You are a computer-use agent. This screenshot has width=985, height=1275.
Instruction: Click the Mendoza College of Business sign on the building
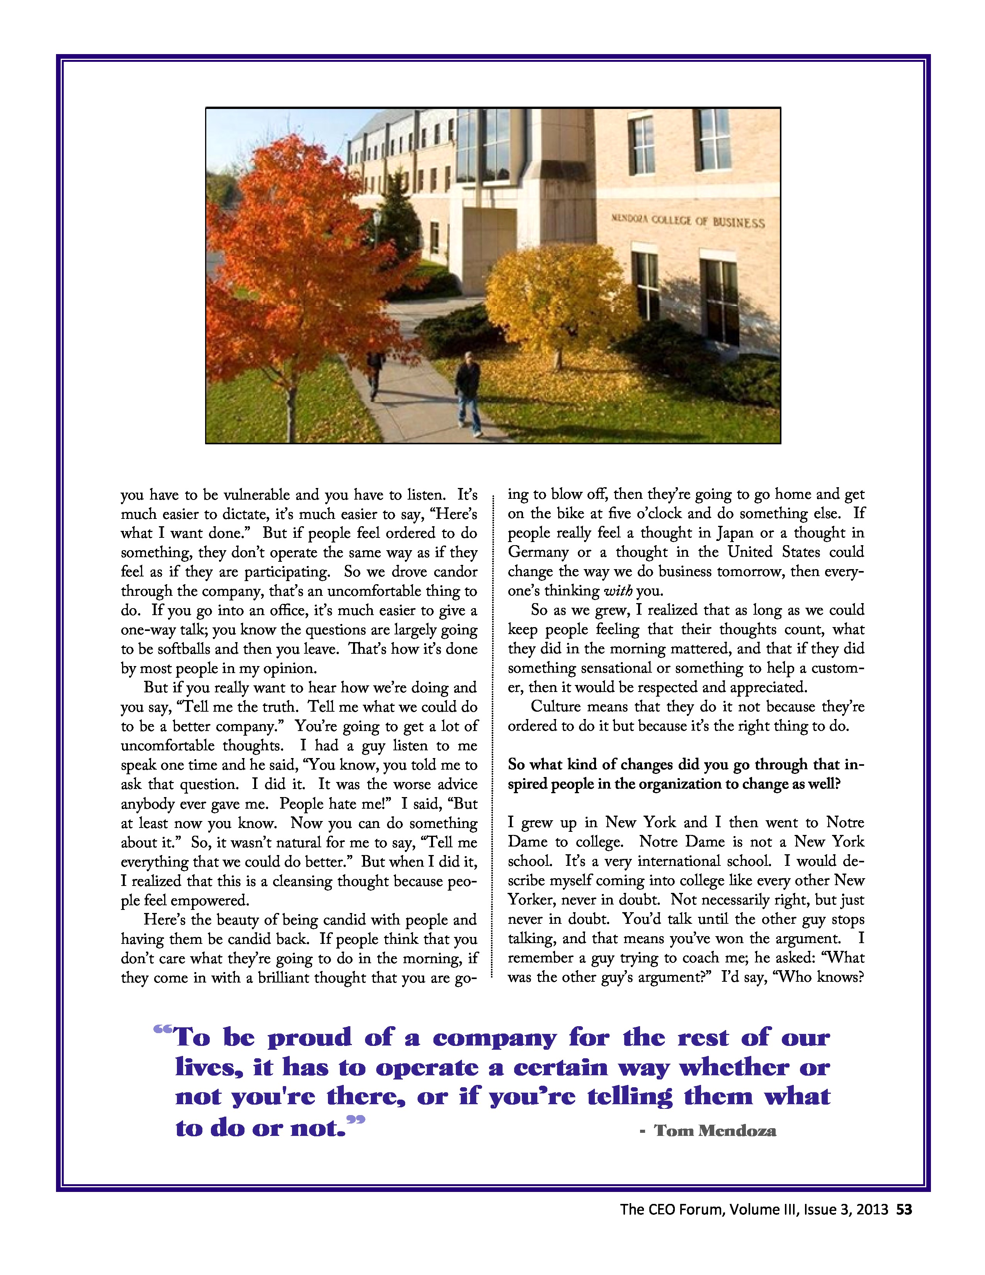pos(688,221)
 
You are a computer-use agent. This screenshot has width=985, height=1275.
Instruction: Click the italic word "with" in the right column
pos(617,591)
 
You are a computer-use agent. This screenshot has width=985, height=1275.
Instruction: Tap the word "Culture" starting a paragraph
pos(555,707)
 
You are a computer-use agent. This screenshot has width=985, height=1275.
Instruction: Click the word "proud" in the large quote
pos(310,1037)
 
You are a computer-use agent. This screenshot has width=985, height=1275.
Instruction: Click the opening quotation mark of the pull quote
pos(163,1030)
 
